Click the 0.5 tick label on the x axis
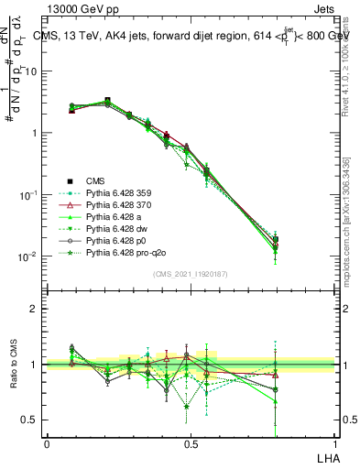pos(191,443)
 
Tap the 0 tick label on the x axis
pos(47,443)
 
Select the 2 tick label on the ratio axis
pos(34,309)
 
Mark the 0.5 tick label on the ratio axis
pos(29,420)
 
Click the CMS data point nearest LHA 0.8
pos(276,239)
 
